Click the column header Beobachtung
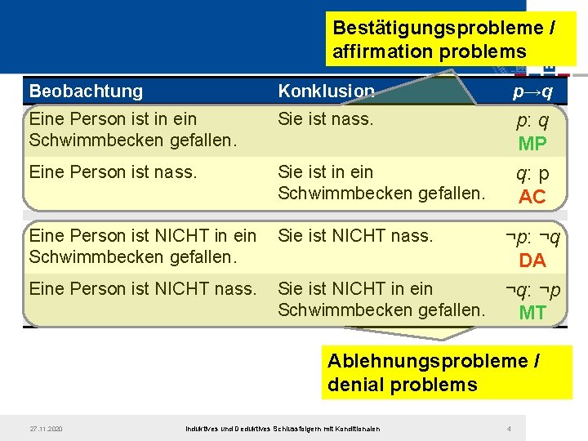pyautogui.click(x=86, y=91)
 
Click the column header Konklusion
pyautogui.click(x=326, y=91)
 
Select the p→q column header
pyautogui.click(x=532, y=91)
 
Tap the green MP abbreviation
pyautogui.click(x=532, y=144)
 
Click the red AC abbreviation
pyautogui.click(x=532, y=197)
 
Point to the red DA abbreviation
pyautogui.click(x=532, y=261)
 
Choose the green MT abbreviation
pyautogui.click(x=532, y=313)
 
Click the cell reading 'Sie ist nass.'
pyautogui.click(x=325, y=119)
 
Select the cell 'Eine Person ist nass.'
pyautogui.click(x=113, y=172)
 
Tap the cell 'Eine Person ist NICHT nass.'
pyautogui.click(x=142, y=289)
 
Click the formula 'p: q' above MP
pyautogui.click(x=532, y=121)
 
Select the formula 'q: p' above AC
pyautogui.click(x=532, y=174)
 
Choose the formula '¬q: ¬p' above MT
pyautogui.click(x=532, y=291)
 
